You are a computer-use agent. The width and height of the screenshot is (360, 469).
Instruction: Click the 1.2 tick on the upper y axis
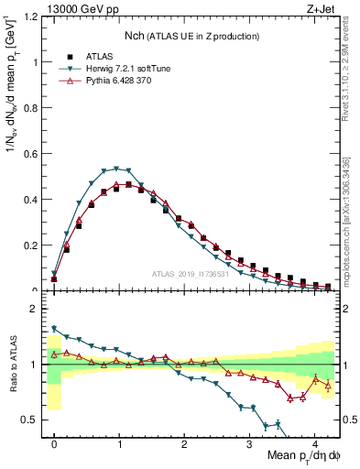[x=31, y=17]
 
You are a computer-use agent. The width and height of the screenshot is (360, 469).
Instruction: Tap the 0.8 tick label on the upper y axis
[x=31, y=108]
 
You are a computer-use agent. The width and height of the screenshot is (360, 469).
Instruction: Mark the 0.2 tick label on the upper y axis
[x=31, y=245]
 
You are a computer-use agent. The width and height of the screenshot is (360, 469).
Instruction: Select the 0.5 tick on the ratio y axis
[x=31, y=420]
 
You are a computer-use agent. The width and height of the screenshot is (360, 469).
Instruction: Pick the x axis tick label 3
[x=250, y=441]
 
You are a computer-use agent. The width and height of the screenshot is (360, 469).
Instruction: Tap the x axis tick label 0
[x=54, y=441]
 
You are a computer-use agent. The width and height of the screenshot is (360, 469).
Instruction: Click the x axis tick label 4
[x=315, y=441]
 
